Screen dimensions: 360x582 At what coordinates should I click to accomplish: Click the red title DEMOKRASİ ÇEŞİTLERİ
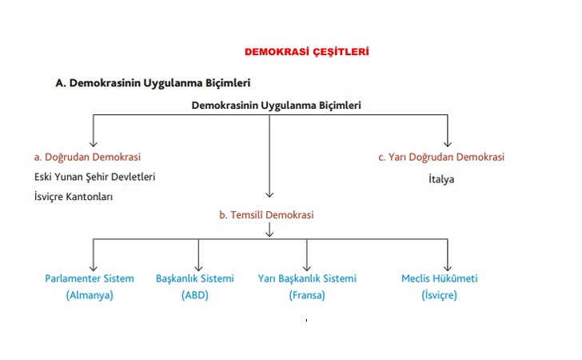306,52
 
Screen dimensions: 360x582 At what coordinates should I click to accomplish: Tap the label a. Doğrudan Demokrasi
87,158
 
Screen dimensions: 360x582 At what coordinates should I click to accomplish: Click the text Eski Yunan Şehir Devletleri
95,177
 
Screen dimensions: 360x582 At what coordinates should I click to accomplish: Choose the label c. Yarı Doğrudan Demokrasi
441,158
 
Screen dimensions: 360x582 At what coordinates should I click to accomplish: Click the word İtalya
440,179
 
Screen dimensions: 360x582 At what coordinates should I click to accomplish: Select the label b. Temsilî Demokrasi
266,214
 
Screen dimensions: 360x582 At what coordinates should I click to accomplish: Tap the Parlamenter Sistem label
90,278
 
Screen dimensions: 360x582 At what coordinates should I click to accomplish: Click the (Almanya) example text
90,295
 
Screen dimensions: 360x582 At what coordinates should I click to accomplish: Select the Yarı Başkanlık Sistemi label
307,278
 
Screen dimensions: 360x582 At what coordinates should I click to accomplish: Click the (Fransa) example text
307,295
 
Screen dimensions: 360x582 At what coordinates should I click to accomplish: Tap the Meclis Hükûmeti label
439,278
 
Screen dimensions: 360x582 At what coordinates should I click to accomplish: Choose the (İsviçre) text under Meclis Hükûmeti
439,295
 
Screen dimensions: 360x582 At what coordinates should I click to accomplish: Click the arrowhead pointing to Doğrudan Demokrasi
94,142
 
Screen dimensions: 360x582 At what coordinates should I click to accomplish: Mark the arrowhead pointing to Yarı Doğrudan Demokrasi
447,142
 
